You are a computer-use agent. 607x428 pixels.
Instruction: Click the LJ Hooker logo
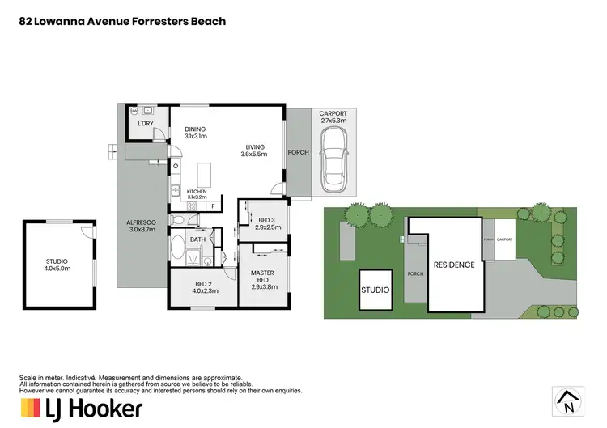[80, 408]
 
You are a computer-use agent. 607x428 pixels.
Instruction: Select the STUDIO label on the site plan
[375, 290]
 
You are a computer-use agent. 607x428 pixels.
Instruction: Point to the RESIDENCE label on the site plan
[453, 265]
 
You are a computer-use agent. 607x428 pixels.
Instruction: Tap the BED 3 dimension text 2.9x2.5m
[269, 227]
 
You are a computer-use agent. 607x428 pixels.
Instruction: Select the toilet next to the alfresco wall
[179, 219]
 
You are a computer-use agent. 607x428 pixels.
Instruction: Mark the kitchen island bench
[203, 173]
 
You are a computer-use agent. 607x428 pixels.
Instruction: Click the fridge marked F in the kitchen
[213, 206]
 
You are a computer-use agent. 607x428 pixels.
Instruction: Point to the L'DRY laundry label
[146, 124]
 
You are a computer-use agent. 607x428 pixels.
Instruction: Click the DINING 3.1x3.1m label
[195, 133]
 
